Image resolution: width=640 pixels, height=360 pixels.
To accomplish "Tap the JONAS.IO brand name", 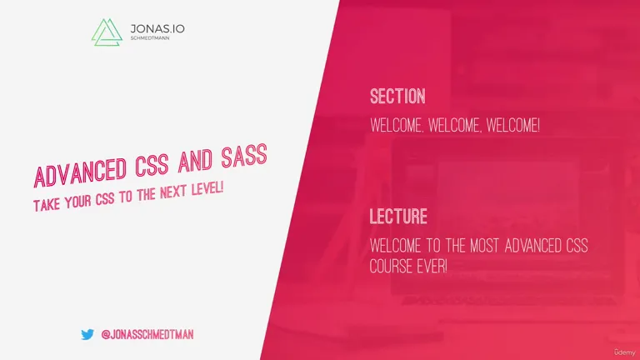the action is click(157, 29).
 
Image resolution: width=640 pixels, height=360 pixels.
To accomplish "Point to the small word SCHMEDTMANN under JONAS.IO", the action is click(150, 38).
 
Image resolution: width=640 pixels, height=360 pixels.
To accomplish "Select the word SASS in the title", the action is click(244, 156).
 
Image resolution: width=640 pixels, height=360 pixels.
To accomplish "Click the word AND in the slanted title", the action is click(195, 161).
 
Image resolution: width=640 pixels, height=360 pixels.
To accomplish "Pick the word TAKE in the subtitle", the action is click(47, 204).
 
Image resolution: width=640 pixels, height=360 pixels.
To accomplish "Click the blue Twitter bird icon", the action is click(87, 335).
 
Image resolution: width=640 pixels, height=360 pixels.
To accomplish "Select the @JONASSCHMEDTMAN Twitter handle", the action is click(147, 335).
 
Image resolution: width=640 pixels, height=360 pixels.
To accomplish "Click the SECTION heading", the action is click(397, 97).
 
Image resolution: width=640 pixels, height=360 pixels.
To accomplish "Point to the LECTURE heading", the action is click(398, 217).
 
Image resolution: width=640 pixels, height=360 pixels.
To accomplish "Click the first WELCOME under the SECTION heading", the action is click(397, 125).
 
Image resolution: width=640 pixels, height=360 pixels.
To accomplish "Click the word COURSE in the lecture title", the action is click(392, 267).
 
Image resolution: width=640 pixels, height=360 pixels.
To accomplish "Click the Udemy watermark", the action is click(625, 352).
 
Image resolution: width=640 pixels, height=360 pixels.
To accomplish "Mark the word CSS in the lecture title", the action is click(577, 246).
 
